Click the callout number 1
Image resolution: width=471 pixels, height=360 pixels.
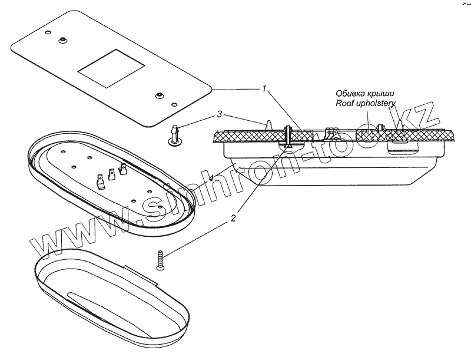pyautogui.click(x=265, y=89)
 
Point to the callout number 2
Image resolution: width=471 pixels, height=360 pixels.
pyautogui.click(x=233, y=217)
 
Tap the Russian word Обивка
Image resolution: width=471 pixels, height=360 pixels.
pyautogui.click(x=351, y=94)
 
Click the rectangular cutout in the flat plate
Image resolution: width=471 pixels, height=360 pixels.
pyautogui.click(x=111, y=70)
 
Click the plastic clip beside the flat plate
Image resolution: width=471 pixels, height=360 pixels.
pyautogui.click(x=175, y=135)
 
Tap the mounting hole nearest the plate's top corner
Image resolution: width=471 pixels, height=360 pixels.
pyautogui.click(x=62, y=40)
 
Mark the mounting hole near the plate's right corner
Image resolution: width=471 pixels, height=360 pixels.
pyautogui.click(x=158, y=94)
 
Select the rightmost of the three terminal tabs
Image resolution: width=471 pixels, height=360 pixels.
pyautogui.click(x=123, y=170)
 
